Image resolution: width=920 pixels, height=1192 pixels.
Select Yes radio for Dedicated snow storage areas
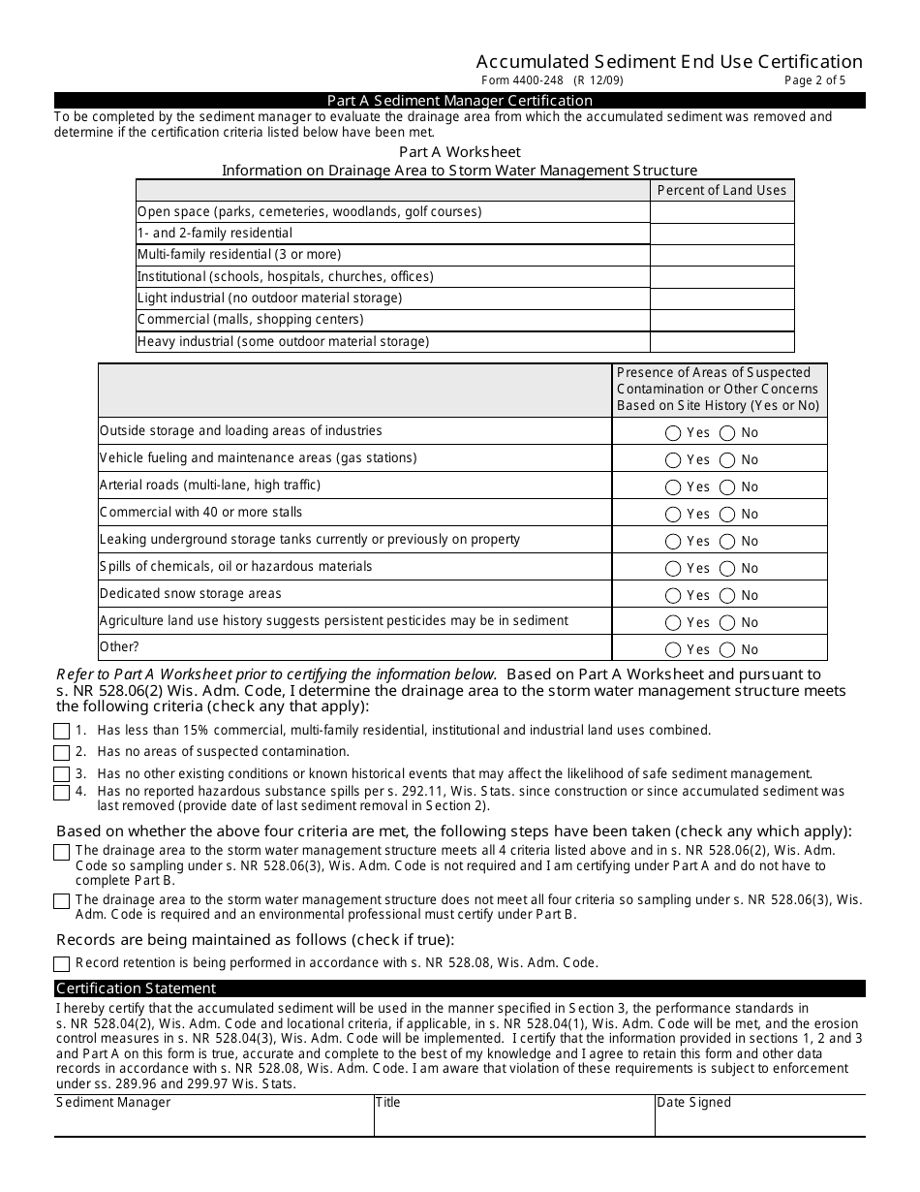[x=674, y=596]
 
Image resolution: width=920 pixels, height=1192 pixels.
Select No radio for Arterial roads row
[x=726, y=487]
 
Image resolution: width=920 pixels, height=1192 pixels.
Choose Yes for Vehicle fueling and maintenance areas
[x=674, y=460]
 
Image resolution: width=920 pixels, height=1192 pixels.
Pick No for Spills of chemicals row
[x=726, y=569]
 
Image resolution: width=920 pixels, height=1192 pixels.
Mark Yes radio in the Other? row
[x=674, y=650]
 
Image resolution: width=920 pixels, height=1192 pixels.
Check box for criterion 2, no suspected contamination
[x=62, y=753]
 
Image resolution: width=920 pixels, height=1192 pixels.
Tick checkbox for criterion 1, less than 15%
[x=62, y=732]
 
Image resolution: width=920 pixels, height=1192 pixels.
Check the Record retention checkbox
[x=62, y=964]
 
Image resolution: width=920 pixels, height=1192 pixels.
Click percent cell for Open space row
[x=721, y=211]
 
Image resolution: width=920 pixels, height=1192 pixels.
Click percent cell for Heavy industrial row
[x=721, y=341]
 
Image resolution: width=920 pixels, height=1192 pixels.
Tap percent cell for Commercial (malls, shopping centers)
[x=721, y=320]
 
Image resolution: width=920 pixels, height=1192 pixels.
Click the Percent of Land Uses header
[x=721, y=190]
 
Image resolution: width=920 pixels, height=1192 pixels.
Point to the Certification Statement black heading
[x=136, y=988]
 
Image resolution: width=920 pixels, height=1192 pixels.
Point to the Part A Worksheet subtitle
[x=460, y=152]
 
